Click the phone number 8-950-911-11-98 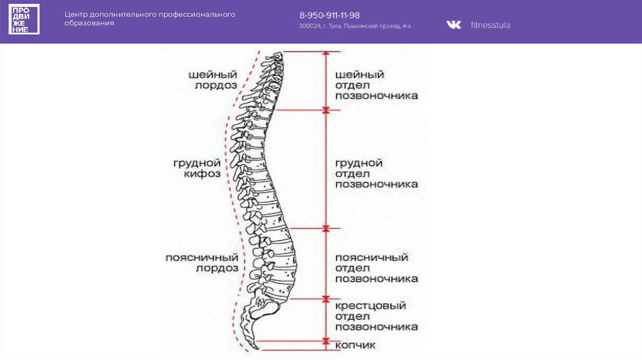click(x=329, y=15)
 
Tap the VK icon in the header click(x=453, y=25)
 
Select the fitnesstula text click(x=490, y=26)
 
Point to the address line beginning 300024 click(x=355, y=26)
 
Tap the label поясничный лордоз click(x=201, y=262)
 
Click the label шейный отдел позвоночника click(x=376, y=86)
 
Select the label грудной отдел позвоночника click(x=376, y=174)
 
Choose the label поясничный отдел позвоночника click(x=376, y=268)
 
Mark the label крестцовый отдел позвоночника click(x=376, y=316)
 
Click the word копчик click(x=355, y=344)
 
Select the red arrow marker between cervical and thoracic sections click(x=325, y=110)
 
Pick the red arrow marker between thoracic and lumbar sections click(x=325, y=228)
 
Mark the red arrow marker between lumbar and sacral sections click(x=325, y=299)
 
